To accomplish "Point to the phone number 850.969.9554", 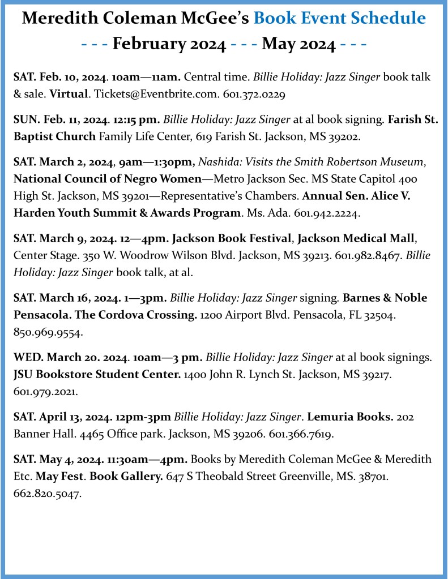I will click(48, 332).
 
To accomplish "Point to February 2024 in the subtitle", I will click(170, 43).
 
